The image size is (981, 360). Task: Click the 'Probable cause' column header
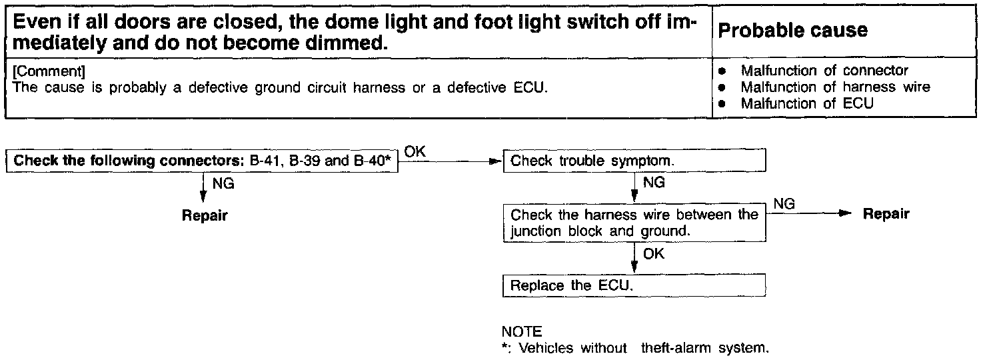pyautogui.click(x=793, y=31)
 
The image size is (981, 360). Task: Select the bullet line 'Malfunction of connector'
pyautogui.click(x=824, y=71)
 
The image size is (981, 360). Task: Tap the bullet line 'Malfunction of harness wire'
pyautogui.click(x=835, y=87)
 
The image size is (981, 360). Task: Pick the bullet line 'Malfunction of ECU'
pyautogui.click(x=806, y=104)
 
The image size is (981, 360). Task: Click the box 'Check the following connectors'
pyautogui.click(x=202, y=161)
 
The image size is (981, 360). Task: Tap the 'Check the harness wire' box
pyautogui.click(x=634, y=223)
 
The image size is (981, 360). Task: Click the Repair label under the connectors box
pyautogui.click(x=205, y=216)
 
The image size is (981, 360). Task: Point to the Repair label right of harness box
pyautogui.click(x=886, y=214)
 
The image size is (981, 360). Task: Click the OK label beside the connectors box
pyautogui.click(x=415, y=152)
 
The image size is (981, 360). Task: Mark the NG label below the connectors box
pyautogui.click(x=223, y=184)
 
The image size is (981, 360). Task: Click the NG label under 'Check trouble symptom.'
pyautogui.click(x=654, y=183)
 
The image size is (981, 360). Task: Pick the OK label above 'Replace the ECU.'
pyautogui.click(x=654, y=254)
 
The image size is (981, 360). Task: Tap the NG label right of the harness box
pyautogui.click(x=784, y=204)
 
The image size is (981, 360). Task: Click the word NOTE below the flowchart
pyautogui.click(x=521, y=331)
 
